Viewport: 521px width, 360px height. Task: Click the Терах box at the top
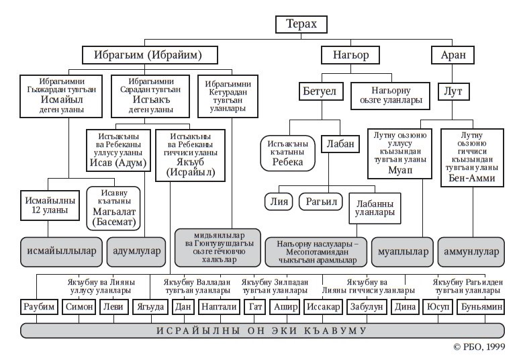pyautogui.click(x=302, y=25)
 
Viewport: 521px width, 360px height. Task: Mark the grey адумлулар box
pyautogui.click(x=135, y=251)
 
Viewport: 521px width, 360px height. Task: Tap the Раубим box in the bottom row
pyautogui.click(x=37, y=308)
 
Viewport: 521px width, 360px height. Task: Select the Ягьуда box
pyautogui.click(x=148, y=308)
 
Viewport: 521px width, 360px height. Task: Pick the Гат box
pyautogui.click(x=255, y=308)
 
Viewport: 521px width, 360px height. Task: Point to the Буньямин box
pyautogui.click(x=479, y=308)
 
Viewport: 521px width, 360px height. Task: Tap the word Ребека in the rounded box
pyautogui.click(x=289, y=162)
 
